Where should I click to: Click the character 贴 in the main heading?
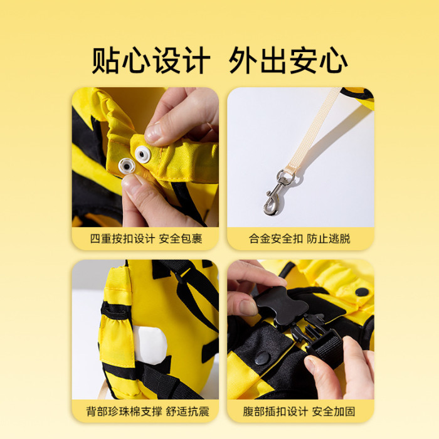(x=105, y=60)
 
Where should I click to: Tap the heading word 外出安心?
(x=288, y=60)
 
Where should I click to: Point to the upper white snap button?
(x=143, y=154)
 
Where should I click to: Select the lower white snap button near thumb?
(x=127, y=166)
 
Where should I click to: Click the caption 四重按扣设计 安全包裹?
(x=146, y=239)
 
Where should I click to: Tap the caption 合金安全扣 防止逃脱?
(x=299, y=239)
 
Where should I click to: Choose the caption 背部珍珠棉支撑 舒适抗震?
(x=147, y=411)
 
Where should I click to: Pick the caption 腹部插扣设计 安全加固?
(x=299, y=411)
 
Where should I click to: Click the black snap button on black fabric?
(x=262, y=359)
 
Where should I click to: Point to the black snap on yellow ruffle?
(x=362, y=292)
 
